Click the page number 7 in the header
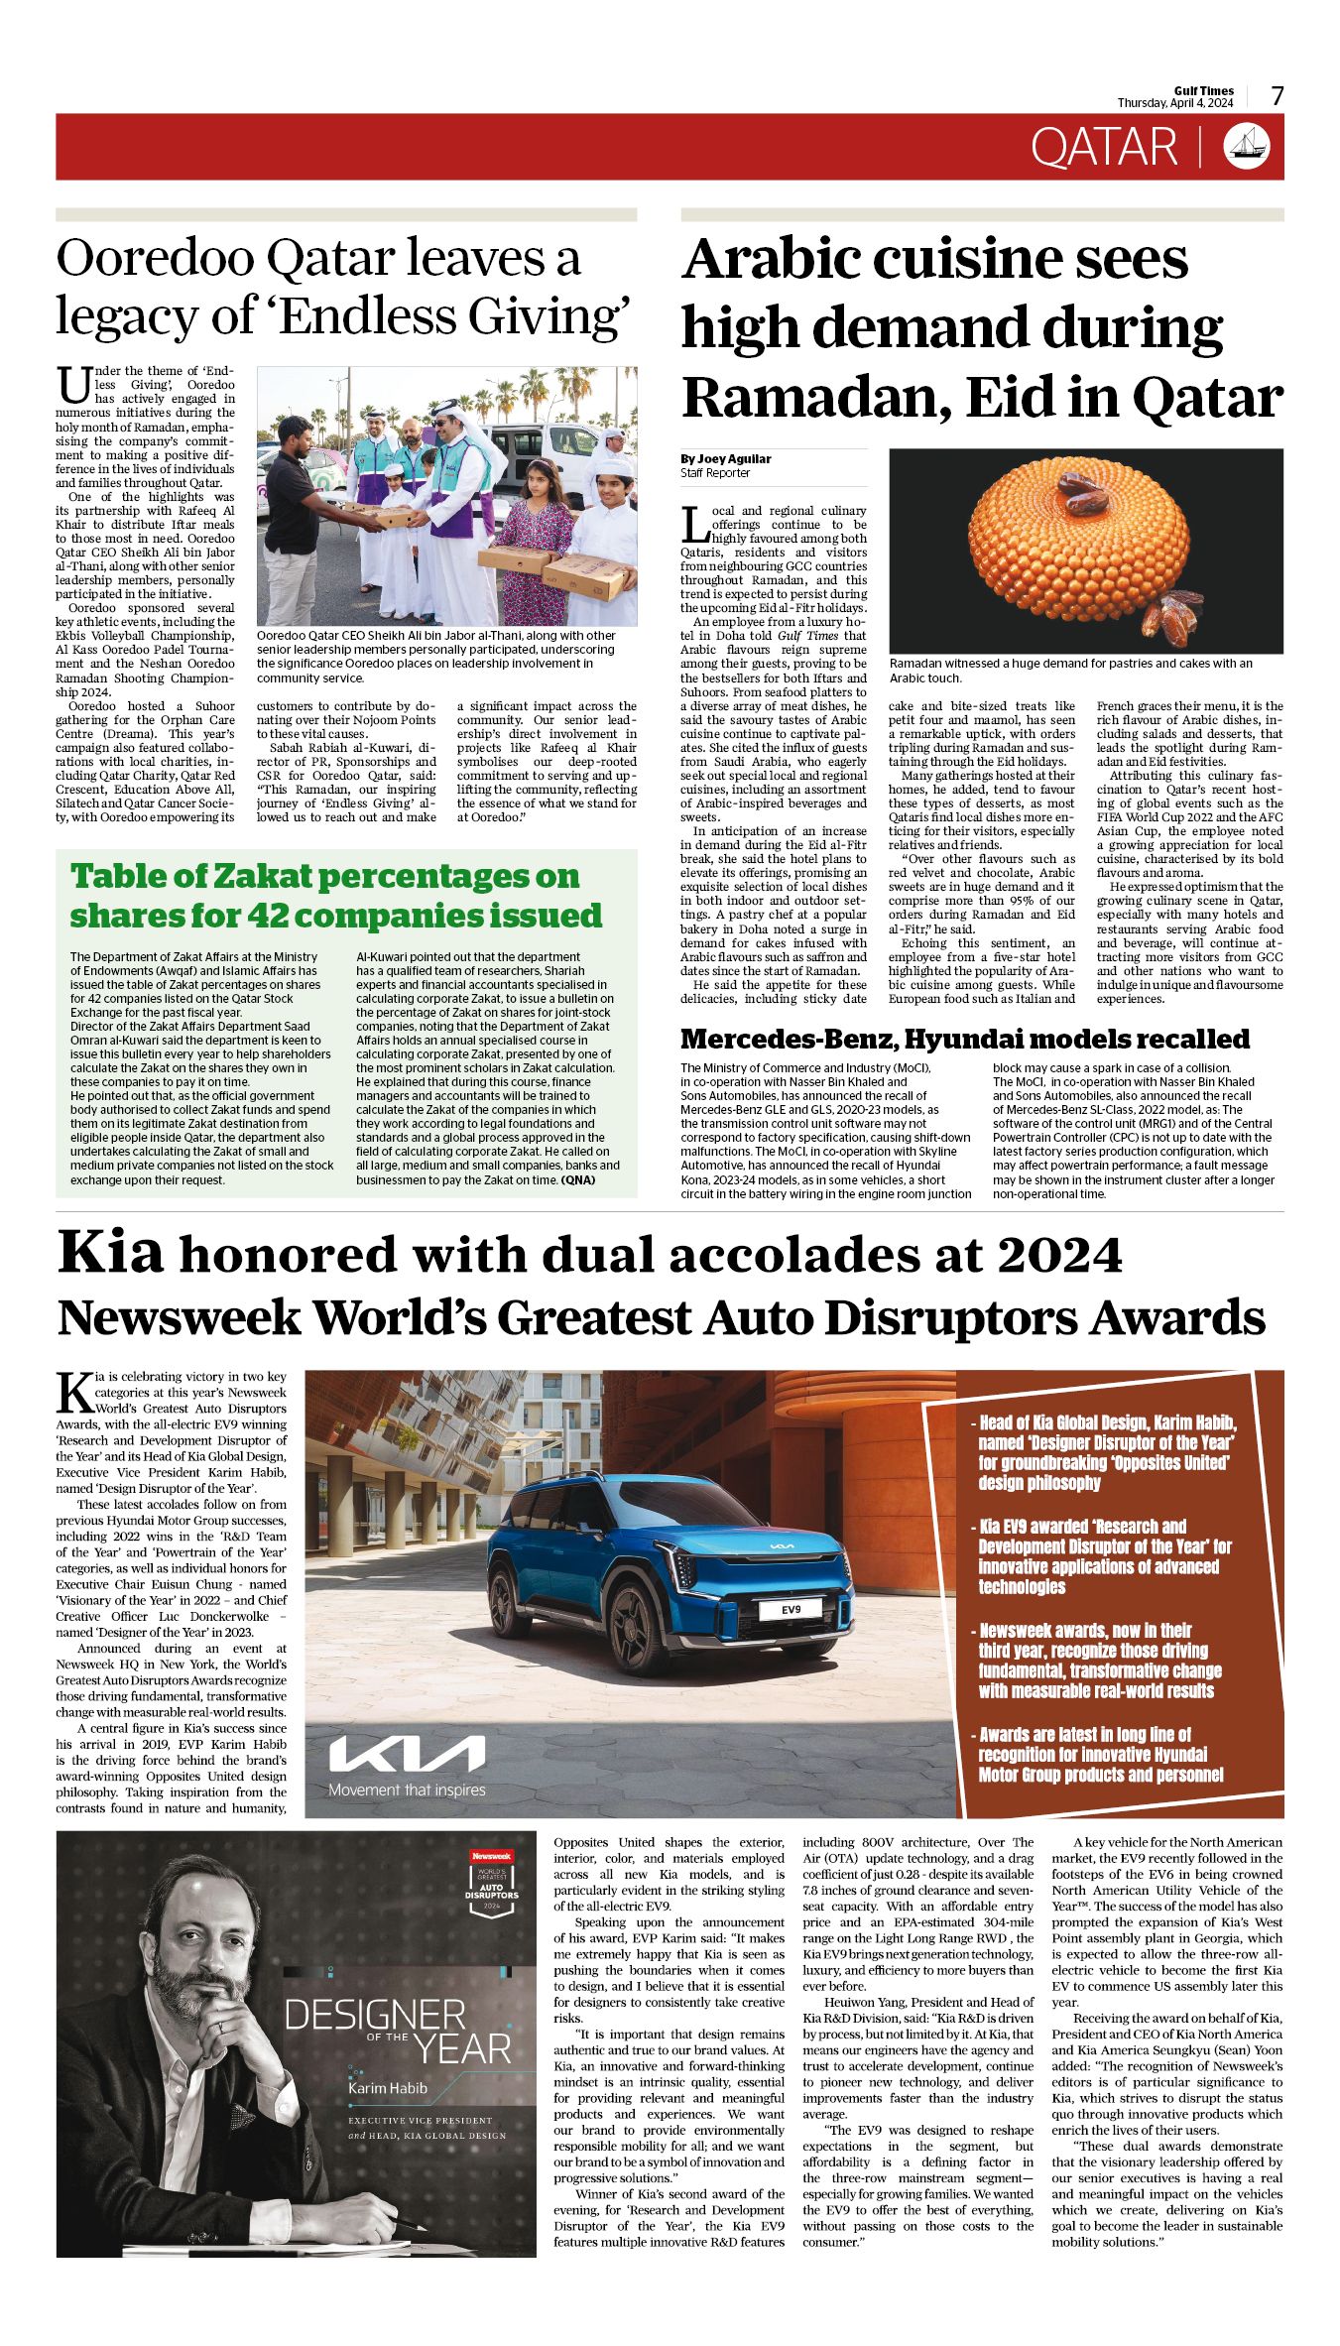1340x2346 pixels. coord(1278,96)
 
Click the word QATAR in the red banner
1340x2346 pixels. coord(1103,147)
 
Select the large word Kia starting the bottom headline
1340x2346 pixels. coord(110,1252)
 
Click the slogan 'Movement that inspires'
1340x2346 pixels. coord(408,1790)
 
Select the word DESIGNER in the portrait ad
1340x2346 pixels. coord(375,2015)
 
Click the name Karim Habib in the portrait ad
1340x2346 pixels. coord(388,2088)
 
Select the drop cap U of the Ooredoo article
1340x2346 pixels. coord(72,384)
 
